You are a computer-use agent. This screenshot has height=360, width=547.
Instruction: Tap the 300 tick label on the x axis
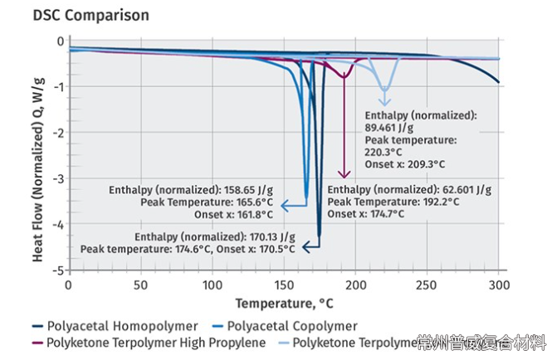tap(499, 284)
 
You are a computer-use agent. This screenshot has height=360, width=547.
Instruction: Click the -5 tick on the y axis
tap(58, 270)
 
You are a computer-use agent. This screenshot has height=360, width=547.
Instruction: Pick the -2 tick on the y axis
tap(58, 133)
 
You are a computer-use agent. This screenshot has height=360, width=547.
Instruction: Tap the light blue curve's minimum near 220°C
tap(384, 90)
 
